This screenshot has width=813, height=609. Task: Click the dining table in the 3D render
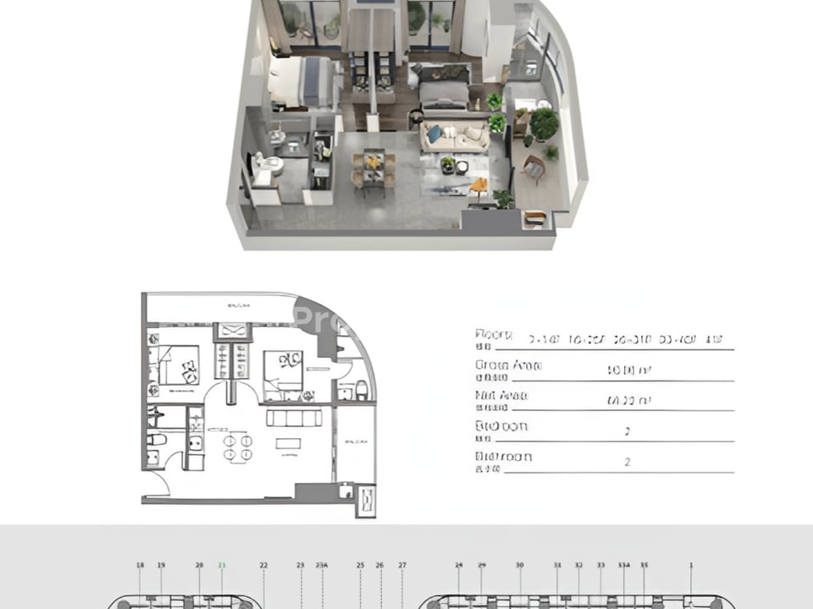pos(373,167)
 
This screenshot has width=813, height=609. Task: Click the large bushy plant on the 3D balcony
pos(544,123)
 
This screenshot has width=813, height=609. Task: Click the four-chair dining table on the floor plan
pos(236,447)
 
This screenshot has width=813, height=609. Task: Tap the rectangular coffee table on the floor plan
pos(289,445)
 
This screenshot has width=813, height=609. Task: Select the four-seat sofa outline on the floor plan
pos(294,418)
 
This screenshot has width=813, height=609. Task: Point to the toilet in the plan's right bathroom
pos(362,389)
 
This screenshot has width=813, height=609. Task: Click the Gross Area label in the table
pos(497,365)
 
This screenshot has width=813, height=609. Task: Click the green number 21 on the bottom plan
pos(222,565)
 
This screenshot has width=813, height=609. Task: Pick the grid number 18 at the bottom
pos(141,565)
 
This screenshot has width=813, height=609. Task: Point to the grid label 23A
pos(322,565)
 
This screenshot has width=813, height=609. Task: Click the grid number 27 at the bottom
pos(402,565)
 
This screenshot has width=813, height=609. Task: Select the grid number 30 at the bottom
pos(520,565)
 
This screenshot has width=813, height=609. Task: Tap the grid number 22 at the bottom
pos(263,565)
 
